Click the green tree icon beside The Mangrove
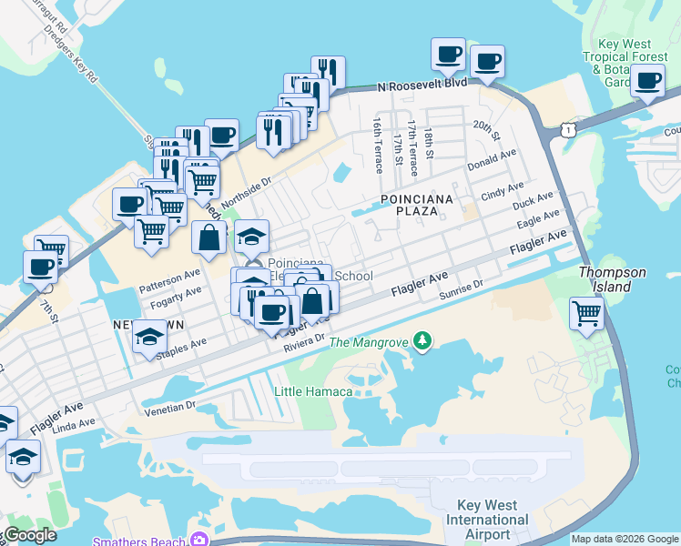[x=422, y=341]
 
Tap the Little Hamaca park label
[x=313, y=391]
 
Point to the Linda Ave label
[x=74, y=424]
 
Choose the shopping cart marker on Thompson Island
[x=587, y=313]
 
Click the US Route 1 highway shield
[x=569, y=131]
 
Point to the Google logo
[x=29, y=535]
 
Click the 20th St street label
[x=488, y=132]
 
